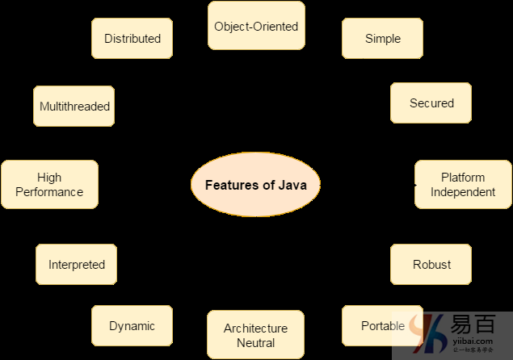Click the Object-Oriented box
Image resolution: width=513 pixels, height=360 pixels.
point(256,27)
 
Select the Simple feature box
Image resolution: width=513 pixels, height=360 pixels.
point(382,39)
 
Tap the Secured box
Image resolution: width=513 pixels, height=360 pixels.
point(431,103)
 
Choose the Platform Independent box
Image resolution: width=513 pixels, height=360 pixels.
point(463,185)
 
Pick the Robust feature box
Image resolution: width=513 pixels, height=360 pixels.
point(431,265)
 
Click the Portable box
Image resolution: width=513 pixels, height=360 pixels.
point(382,326)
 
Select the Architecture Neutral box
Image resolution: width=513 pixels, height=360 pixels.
point(255,335)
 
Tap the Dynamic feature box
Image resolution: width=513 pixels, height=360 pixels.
point(132,326)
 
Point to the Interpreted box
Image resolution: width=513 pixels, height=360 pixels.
point(77,265)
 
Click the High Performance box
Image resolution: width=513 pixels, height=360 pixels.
point(49,185)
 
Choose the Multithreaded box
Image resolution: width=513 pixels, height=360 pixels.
point(74,107)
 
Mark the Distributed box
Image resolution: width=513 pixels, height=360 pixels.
point(132,39)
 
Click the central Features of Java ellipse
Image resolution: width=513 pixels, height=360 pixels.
point(255,185)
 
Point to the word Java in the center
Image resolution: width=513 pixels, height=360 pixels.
point(292,185)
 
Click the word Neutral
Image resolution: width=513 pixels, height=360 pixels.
point(255,343)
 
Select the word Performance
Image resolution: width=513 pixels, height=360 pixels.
point(49,192)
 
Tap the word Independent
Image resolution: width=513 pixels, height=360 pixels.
point(463,192)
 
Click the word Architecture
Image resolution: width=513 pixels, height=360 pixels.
point(255,329)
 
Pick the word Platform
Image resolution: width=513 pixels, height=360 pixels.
point(463,178)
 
